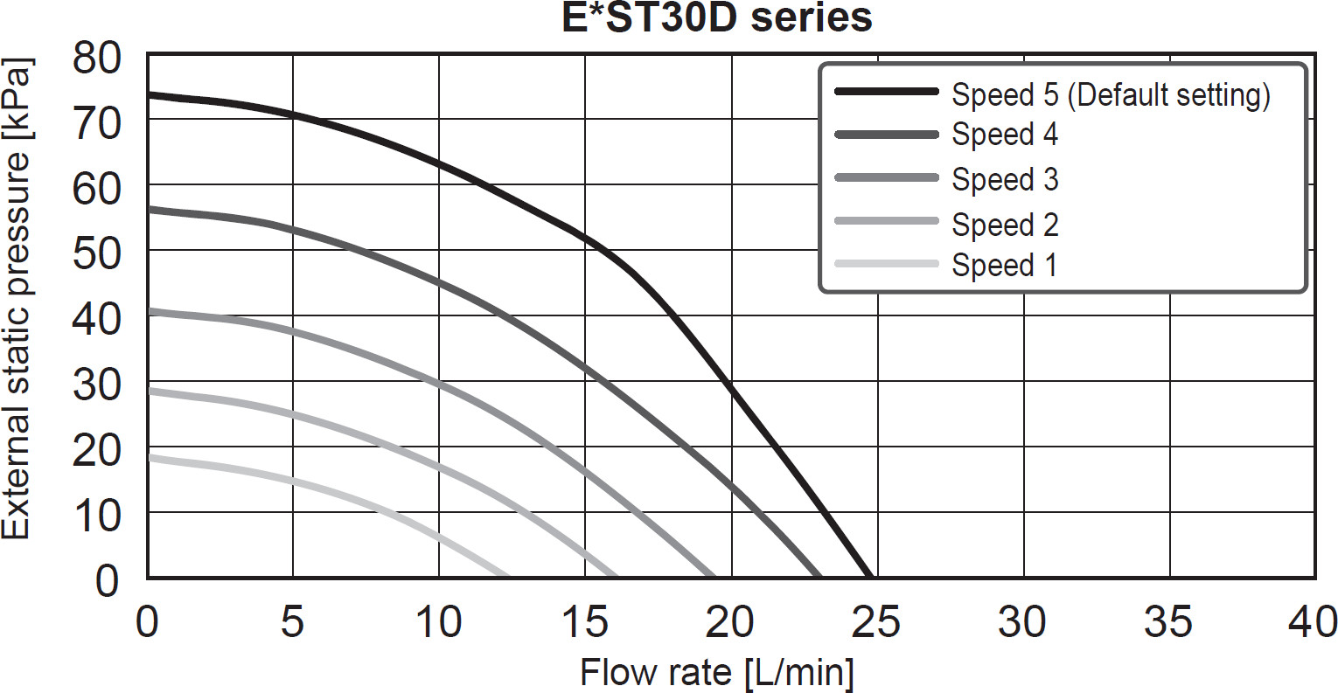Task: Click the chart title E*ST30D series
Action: coord(716,17)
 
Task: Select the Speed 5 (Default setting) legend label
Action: coord(1111,94)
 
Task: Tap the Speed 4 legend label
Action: coord(1005,135)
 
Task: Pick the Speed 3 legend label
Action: coord(1005,179)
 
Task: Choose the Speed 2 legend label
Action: coord(1005,225)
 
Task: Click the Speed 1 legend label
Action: coord(1004,264)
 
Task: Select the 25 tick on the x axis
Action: coord(876,622)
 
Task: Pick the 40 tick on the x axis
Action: coord(1313,622)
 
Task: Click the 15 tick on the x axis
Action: coord(584,622)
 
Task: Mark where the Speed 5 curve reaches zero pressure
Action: coord(869,576)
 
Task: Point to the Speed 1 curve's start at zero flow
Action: coord(150,457)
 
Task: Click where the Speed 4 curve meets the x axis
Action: coord(819,576)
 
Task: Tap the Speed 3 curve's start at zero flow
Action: coord(150,311)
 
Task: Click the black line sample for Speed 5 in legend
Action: coord(886,92)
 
